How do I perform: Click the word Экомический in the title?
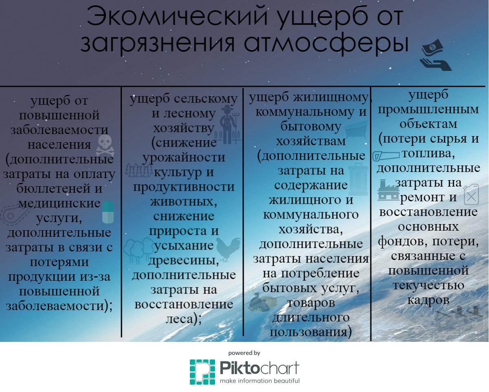[177, 17]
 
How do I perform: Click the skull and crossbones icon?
[105, 145]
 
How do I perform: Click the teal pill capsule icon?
[108, 212]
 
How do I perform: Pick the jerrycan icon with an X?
[471, 194]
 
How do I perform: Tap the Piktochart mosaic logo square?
[203, 372]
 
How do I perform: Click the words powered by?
[244, 353]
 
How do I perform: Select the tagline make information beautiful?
[260, 381]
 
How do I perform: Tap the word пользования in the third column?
[308, 332]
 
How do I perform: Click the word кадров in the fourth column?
[428, 300]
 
